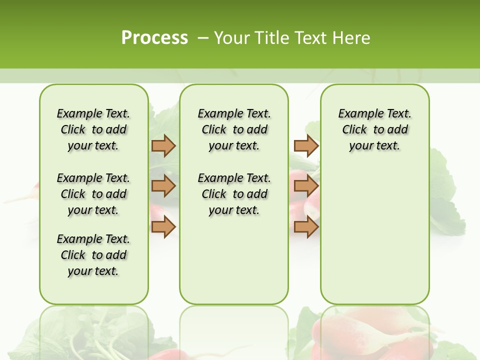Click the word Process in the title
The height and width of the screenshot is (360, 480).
(x=154, y=37)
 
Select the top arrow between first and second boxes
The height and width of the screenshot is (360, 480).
(x=163, y=146)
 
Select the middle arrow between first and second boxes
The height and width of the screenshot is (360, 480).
(x=163, y=186)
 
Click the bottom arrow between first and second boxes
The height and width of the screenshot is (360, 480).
(x=163, y=227)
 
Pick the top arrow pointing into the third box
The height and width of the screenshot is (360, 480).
(x=306, y=146)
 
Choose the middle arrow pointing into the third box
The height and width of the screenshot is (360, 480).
(x=306, y=186)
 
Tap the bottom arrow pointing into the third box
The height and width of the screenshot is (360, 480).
(x=306, y=227)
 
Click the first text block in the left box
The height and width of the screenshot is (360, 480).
(x=93, y=129)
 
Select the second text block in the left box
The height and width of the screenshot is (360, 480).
(x=93, y=194)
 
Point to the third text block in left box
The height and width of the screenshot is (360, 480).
(x=93, y=255)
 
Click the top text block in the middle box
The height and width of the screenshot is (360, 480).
(x=234, y=129)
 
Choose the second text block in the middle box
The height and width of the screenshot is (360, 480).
(x=234, y=194)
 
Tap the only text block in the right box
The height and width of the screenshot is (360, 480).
(x=374, y=129)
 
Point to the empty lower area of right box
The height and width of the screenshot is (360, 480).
(x=374, y=235)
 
